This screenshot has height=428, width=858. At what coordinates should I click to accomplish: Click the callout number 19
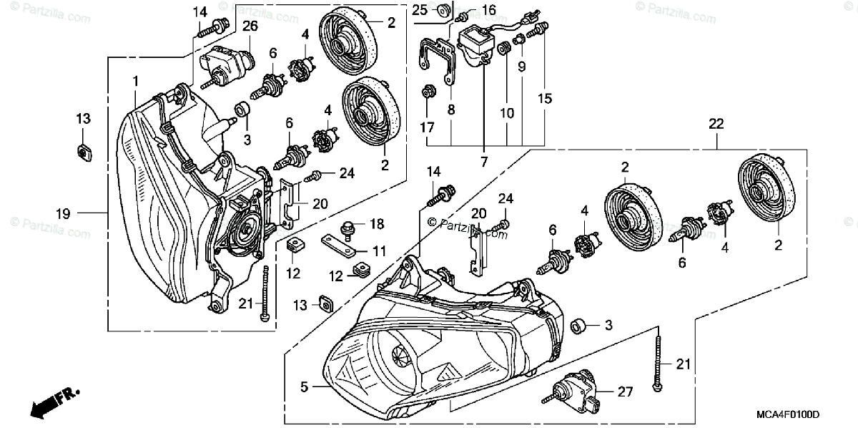tap(63, 212)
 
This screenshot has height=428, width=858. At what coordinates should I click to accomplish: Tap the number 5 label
tap(304, 387)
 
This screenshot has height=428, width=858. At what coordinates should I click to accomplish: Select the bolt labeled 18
tap(350, 226)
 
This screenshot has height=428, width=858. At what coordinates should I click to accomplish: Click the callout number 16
tap(488, 9)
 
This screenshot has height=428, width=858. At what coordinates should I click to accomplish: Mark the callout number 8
tap(451, 110)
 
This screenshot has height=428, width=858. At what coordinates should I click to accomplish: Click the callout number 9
tap(521, 67)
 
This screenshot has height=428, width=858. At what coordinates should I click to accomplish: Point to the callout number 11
tap(379, 251)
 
